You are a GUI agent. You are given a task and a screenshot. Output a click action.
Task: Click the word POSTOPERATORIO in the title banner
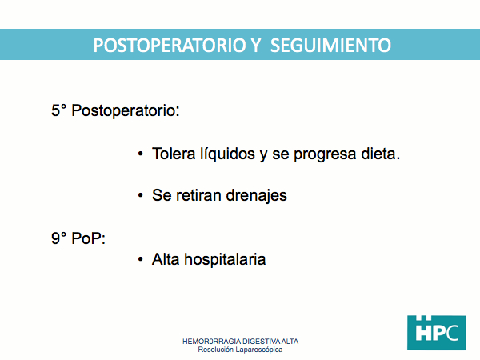click(x=170, y=46)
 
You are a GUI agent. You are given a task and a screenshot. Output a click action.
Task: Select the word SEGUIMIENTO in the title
click(x=330, y=46)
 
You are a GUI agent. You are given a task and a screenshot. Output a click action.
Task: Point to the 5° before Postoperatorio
click(x=58, y=110)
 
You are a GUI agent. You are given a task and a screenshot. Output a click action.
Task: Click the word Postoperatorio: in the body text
click(x=126, y=110)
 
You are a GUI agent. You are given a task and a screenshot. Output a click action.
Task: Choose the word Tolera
click(x=174, y=154)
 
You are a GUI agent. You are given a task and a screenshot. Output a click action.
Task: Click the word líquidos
click(x=228, y=154)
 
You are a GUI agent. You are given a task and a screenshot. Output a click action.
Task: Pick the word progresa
click(x=325, y=154)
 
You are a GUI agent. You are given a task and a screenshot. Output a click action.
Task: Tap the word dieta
click(x=381, y=154)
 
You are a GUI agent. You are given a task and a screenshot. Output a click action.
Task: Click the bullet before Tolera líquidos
click(x=141, y=154)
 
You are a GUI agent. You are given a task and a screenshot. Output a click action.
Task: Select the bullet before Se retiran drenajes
click(x=141, y=195)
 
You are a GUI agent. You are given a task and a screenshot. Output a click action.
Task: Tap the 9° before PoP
click(x=58, y=238)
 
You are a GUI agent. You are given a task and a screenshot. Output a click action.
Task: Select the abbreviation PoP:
click(x=89, y=238)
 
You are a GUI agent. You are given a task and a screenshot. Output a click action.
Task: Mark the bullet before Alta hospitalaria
click(x=141, y=259)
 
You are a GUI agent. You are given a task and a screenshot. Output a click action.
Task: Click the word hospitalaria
click(x=225, y=260)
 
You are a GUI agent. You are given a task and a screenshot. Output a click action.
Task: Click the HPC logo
click(x=437, y=333)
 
